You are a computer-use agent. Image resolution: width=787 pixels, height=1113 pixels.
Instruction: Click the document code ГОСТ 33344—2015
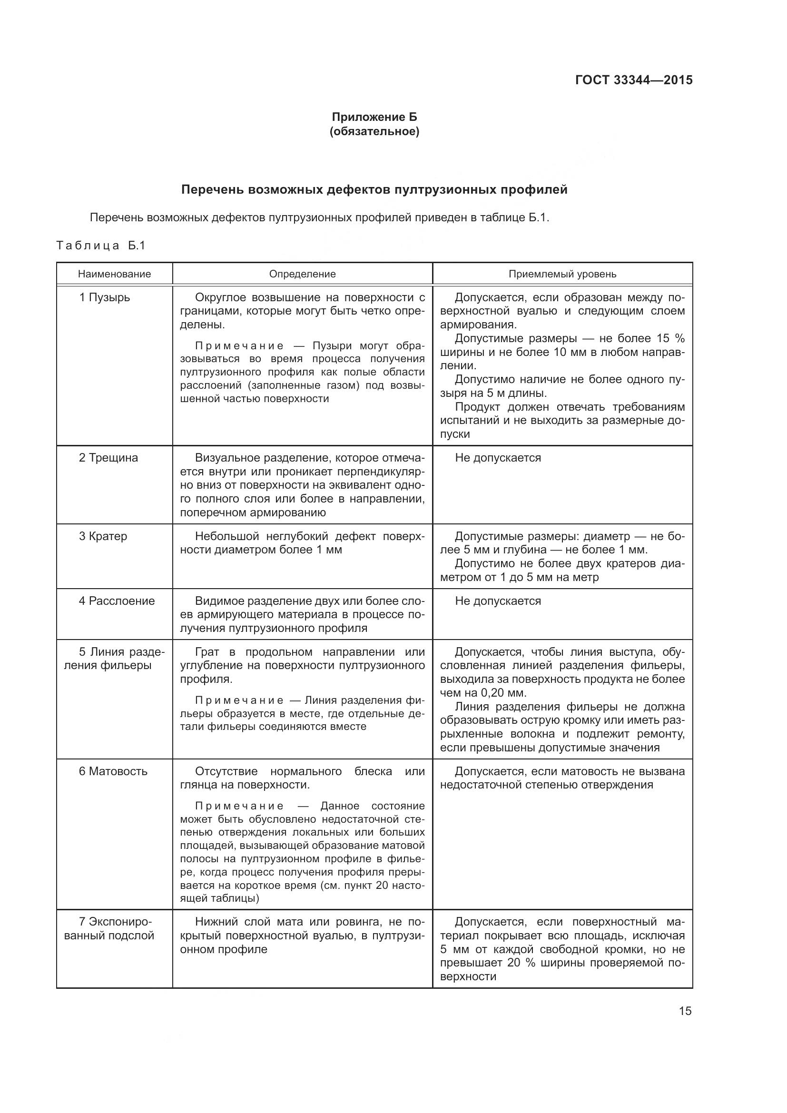[633, 80]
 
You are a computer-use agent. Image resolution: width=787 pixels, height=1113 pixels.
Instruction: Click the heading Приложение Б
[374, 117]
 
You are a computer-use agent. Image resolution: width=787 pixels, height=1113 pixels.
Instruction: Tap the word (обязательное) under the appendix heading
[374, 131]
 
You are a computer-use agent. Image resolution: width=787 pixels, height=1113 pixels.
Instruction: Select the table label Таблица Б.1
[101, 245]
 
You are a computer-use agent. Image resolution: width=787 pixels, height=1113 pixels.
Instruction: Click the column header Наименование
[114, 274]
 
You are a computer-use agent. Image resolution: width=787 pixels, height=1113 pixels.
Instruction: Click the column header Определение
[303, 274]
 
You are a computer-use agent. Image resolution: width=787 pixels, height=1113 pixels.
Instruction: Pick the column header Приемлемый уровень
[562, 274]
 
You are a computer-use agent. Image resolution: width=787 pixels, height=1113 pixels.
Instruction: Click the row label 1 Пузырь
[105, 297]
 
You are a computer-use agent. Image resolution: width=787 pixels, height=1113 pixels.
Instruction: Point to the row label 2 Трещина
[108, 458]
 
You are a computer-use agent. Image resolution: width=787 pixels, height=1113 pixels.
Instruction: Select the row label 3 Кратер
[103, 536]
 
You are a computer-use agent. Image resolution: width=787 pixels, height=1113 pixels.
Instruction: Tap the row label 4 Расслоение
[117, 601]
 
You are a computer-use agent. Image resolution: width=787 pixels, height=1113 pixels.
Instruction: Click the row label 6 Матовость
[113, 771]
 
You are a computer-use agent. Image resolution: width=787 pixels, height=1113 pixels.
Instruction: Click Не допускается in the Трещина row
[498, 458]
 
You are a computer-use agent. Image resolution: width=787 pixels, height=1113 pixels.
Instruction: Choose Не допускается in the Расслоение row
[498, 601]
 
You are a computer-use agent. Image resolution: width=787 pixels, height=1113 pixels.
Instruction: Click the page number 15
[685, 1011]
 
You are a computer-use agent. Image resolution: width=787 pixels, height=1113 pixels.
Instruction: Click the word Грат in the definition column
[207, 651]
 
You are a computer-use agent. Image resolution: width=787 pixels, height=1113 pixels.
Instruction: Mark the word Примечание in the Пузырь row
[239, 345]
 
